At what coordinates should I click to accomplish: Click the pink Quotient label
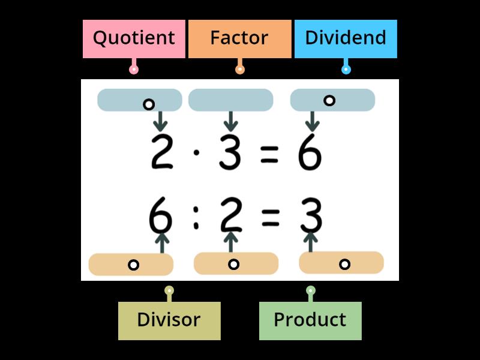[x=134, y=38]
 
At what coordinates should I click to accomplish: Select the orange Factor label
[x=239, y=38]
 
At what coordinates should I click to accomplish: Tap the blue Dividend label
[x=346, y=38]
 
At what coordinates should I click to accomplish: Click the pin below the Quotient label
[x=134, y=69]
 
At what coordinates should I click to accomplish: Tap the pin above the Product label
[x=310, y=291]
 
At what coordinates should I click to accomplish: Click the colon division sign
[x=196, y=217]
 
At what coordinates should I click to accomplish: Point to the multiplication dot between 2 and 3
[x=196, y=152]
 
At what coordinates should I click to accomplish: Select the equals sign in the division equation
[x=270, y=217]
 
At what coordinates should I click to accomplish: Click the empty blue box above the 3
[x=230, y=100]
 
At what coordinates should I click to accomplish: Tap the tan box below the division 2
[x=236, y=263]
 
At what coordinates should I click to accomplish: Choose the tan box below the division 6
[x=131, y=264]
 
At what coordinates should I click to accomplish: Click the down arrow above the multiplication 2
[x=160, y=121]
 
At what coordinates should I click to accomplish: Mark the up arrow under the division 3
[x=310, y=242]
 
